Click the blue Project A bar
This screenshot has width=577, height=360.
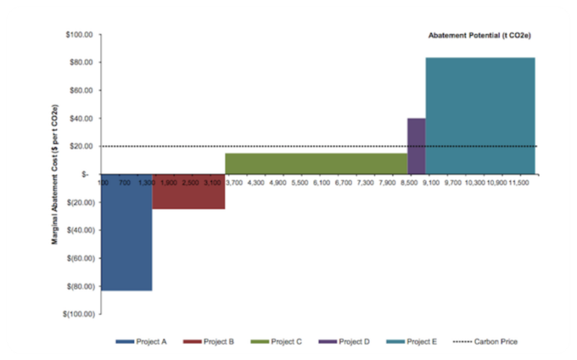click(x=126, y=232)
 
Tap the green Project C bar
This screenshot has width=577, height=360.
click(x=316, y=163)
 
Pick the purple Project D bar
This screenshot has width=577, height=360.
click(x=416, y=146)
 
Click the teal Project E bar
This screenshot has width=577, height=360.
click(x=480, y=115)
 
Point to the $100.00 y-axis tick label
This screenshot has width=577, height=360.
click(x=80, y=35)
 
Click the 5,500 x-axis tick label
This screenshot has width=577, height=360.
click(x=300, y=183)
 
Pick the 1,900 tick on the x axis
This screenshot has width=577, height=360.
click(x=169, y=183)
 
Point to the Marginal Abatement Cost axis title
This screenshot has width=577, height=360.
click(x=55, y=174)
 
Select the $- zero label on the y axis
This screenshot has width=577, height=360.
click(x=85, y=175)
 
